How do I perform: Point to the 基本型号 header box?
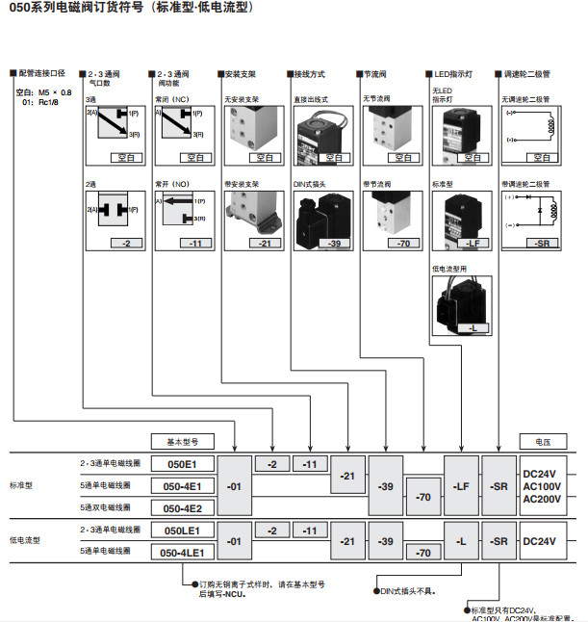pyautogui.click(x=182, y=440)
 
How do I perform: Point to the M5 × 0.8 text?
pyautogui.click(x=54, y=92)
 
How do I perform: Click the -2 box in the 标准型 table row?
pyautogui.click(x=271, y=463)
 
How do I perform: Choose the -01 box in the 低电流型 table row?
pyautogui.click(x=234, y=541)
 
